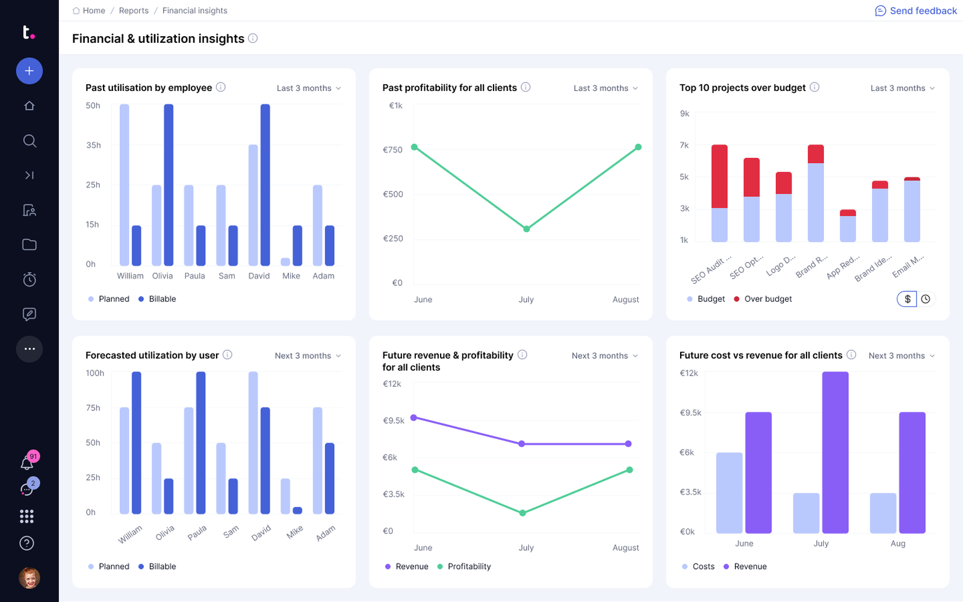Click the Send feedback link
tap(915, 11)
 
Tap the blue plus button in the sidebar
tap(29, 71)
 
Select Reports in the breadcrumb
tap(134, 10)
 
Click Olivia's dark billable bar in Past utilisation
tap(169, 185)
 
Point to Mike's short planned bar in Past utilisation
tap(285, 261)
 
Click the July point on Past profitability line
tap(526, 229)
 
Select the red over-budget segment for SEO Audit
tap(719, 176)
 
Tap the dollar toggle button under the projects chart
tap(907, 299)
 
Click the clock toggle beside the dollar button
tap(926, 299)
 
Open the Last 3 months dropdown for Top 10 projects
tap(902, 88)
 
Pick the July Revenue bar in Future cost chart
tap(835, 452)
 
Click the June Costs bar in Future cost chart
tap(729, 493)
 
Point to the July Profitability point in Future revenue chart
tap(522, 512)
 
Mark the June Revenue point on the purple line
tap(413, 418)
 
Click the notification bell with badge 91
tap(27, 463)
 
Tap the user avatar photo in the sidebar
tap(29, 577)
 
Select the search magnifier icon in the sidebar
tap(29, 141)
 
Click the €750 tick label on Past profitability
tap(392, 150)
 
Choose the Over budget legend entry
tap(763, 299)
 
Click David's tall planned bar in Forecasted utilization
tap(253, 443)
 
